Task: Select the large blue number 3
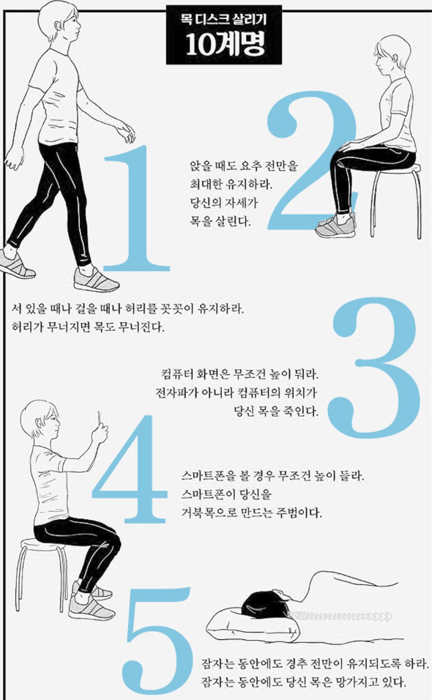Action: [x=374, y=366]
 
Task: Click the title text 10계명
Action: [x=225, y=44]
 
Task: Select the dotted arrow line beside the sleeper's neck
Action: [x=339, y=617]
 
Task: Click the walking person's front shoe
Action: [x=97, y=280]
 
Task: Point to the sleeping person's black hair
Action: [x=264, y=602]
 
